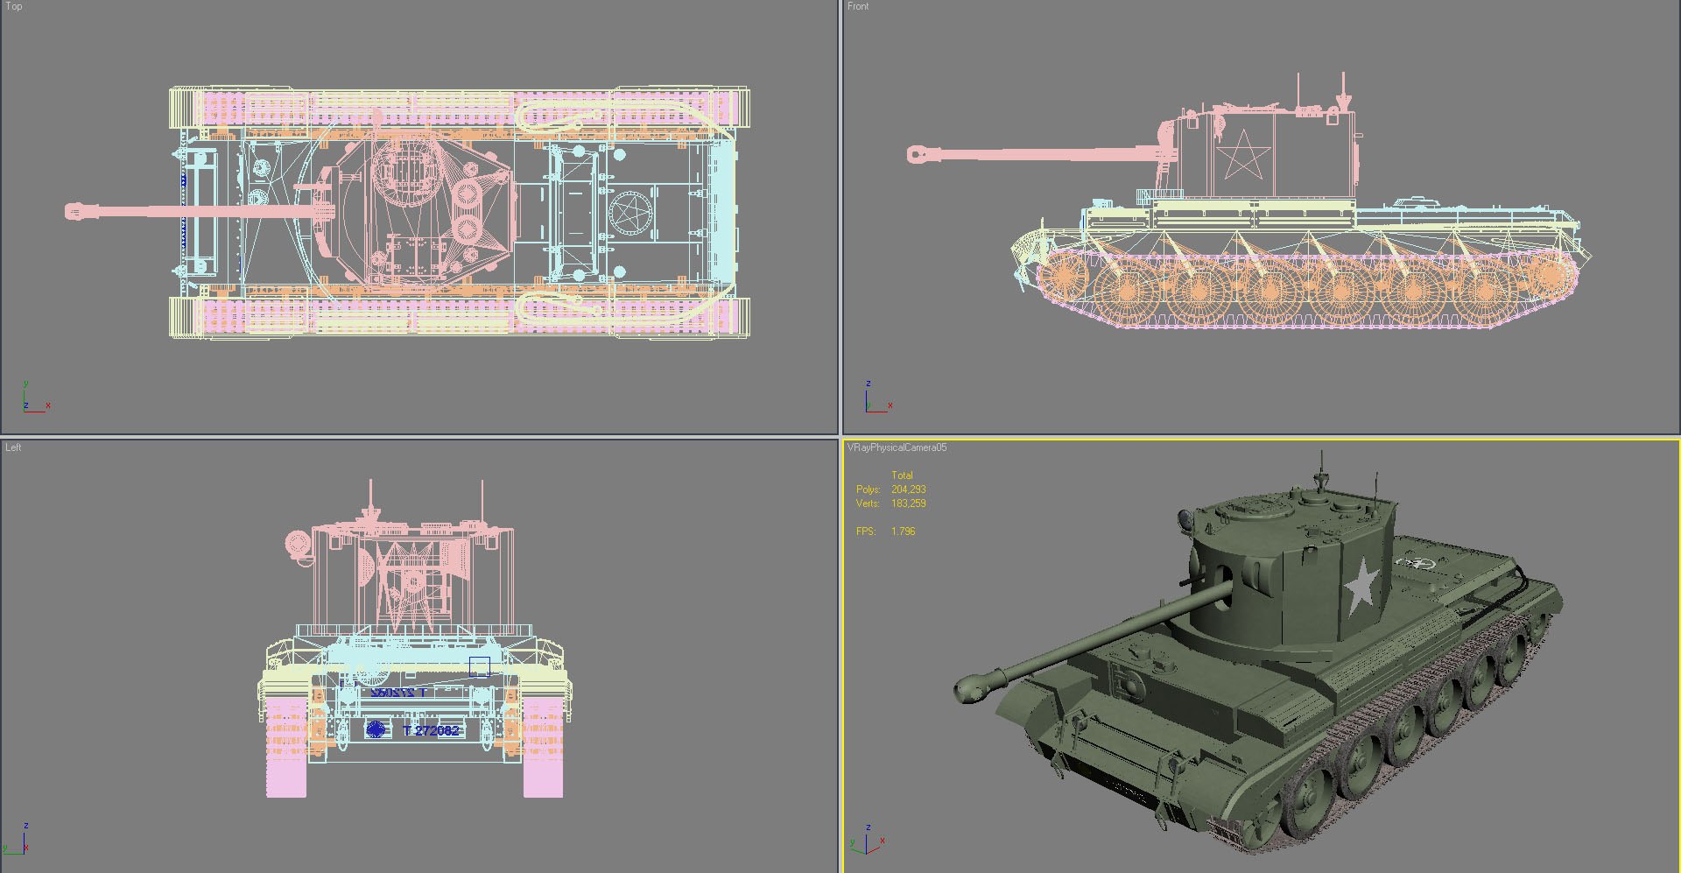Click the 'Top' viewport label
13,6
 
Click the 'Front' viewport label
858,6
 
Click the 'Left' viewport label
13,447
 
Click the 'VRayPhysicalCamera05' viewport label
897,447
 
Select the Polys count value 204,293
908,489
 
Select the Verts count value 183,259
908,503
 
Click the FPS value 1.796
903,532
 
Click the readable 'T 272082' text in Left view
431,730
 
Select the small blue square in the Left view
479,667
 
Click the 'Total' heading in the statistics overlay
902,475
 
